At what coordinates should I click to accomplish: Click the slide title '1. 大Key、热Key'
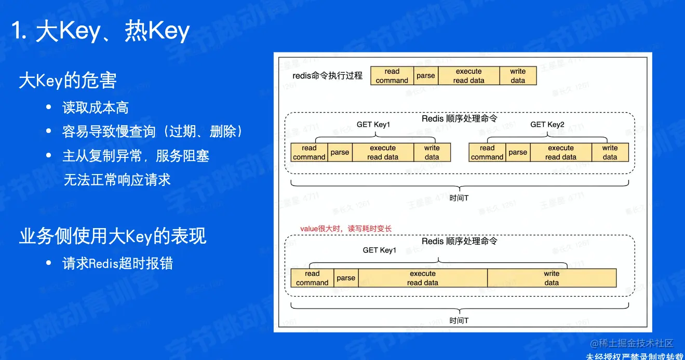pos(101,32)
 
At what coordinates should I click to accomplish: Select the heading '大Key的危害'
pos(68,81)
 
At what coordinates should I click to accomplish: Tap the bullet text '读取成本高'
pos(96,108)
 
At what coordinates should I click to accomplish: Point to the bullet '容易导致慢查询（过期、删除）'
pos(153,131)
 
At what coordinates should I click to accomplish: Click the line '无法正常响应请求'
pos(117,180)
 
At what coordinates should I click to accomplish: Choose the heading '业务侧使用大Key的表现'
pos(113,236)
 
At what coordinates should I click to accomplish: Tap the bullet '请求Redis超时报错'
pos(117,263)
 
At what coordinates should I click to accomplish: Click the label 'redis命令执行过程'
pos(327,76)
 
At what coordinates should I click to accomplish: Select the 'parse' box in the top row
pos(426,76)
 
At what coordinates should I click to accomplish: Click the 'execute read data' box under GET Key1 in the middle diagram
pos(383,152)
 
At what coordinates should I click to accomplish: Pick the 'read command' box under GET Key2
pos(487,152)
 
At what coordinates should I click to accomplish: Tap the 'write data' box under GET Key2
pos(610,152)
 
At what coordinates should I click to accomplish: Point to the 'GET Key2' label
pos(547,125)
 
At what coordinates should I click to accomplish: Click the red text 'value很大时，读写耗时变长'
pos(346,229)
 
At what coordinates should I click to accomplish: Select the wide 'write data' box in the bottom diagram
pos(552,278)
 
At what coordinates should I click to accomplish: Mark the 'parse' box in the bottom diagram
pos(346,278)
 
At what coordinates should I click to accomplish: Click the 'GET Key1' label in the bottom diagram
pos(379,250)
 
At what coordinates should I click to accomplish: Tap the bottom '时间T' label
pos(459,321)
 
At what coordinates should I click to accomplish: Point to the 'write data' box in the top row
pos(518,76)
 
